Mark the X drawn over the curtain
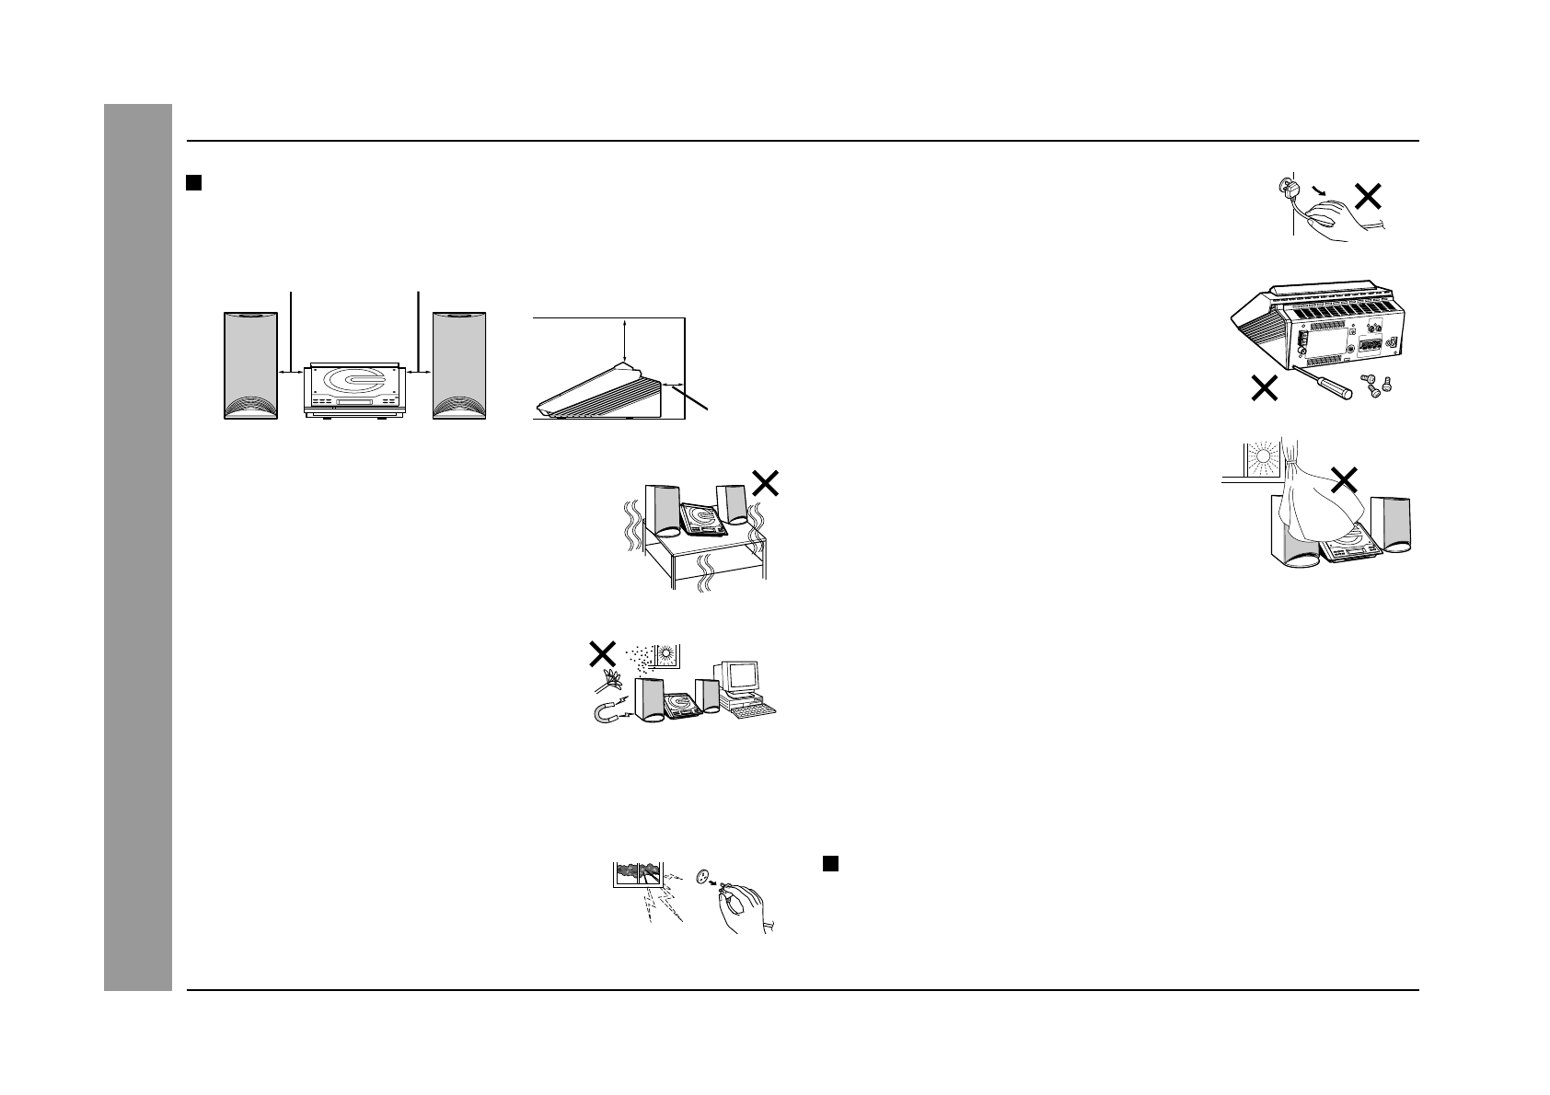[1345, 478]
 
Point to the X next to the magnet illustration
[602, 655]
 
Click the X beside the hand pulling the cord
[1369, 196]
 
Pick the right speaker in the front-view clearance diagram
[459, 365]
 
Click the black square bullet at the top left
[194, 183]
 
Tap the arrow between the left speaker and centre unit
[291, 373]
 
